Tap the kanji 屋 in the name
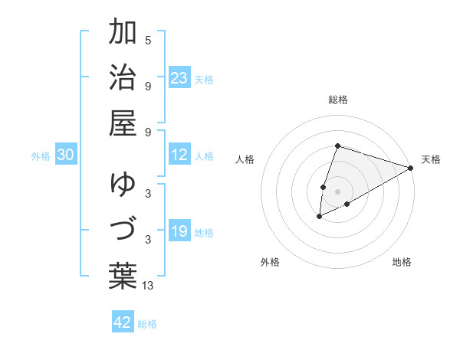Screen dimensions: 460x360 point(123,123)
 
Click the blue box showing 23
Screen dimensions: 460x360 point(179,77)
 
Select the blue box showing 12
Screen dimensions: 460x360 point(179,155)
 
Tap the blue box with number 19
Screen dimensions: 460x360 point(179,232)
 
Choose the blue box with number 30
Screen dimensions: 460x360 point(65,155)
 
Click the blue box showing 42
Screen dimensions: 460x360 point(123,322)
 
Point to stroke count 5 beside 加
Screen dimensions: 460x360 point(148,41)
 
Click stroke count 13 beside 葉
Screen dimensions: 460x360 point(148,286)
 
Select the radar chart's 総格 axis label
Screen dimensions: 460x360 point(338,100)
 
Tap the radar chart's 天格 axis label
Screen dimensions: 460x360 point(431,159)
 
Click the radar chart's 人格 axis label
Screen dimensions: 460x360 point(245,159)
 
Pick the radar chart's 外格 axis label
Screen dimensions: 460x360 point(270,262)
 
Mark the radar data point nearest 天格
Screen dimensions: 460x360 point(411,168)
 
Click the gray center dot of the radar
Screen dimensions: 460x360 point(337,191)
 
